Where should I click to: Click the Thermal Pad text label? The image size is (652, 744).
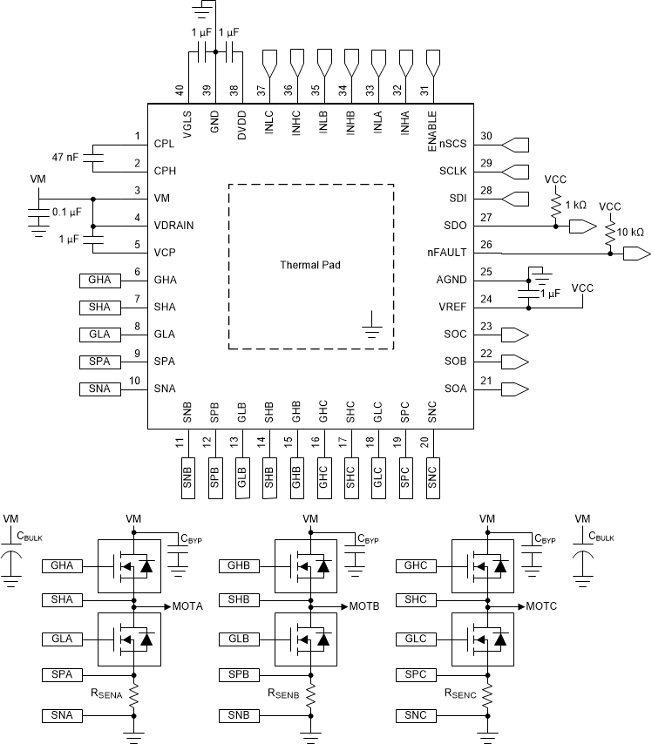(x=310, y=265)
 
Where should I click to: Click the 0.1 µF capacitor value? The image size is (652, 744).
(x=67, y=212)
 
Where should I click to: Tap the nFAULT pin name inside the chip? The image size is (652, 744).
(x=448, y=253)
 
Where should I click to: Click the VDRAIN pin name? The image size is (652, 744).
(x=173, y=226)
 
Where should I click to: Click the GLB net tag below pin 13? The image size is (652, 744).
(x=242, y=477)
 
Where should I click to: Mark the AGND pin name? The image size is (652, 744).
(x=452, y=280)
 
